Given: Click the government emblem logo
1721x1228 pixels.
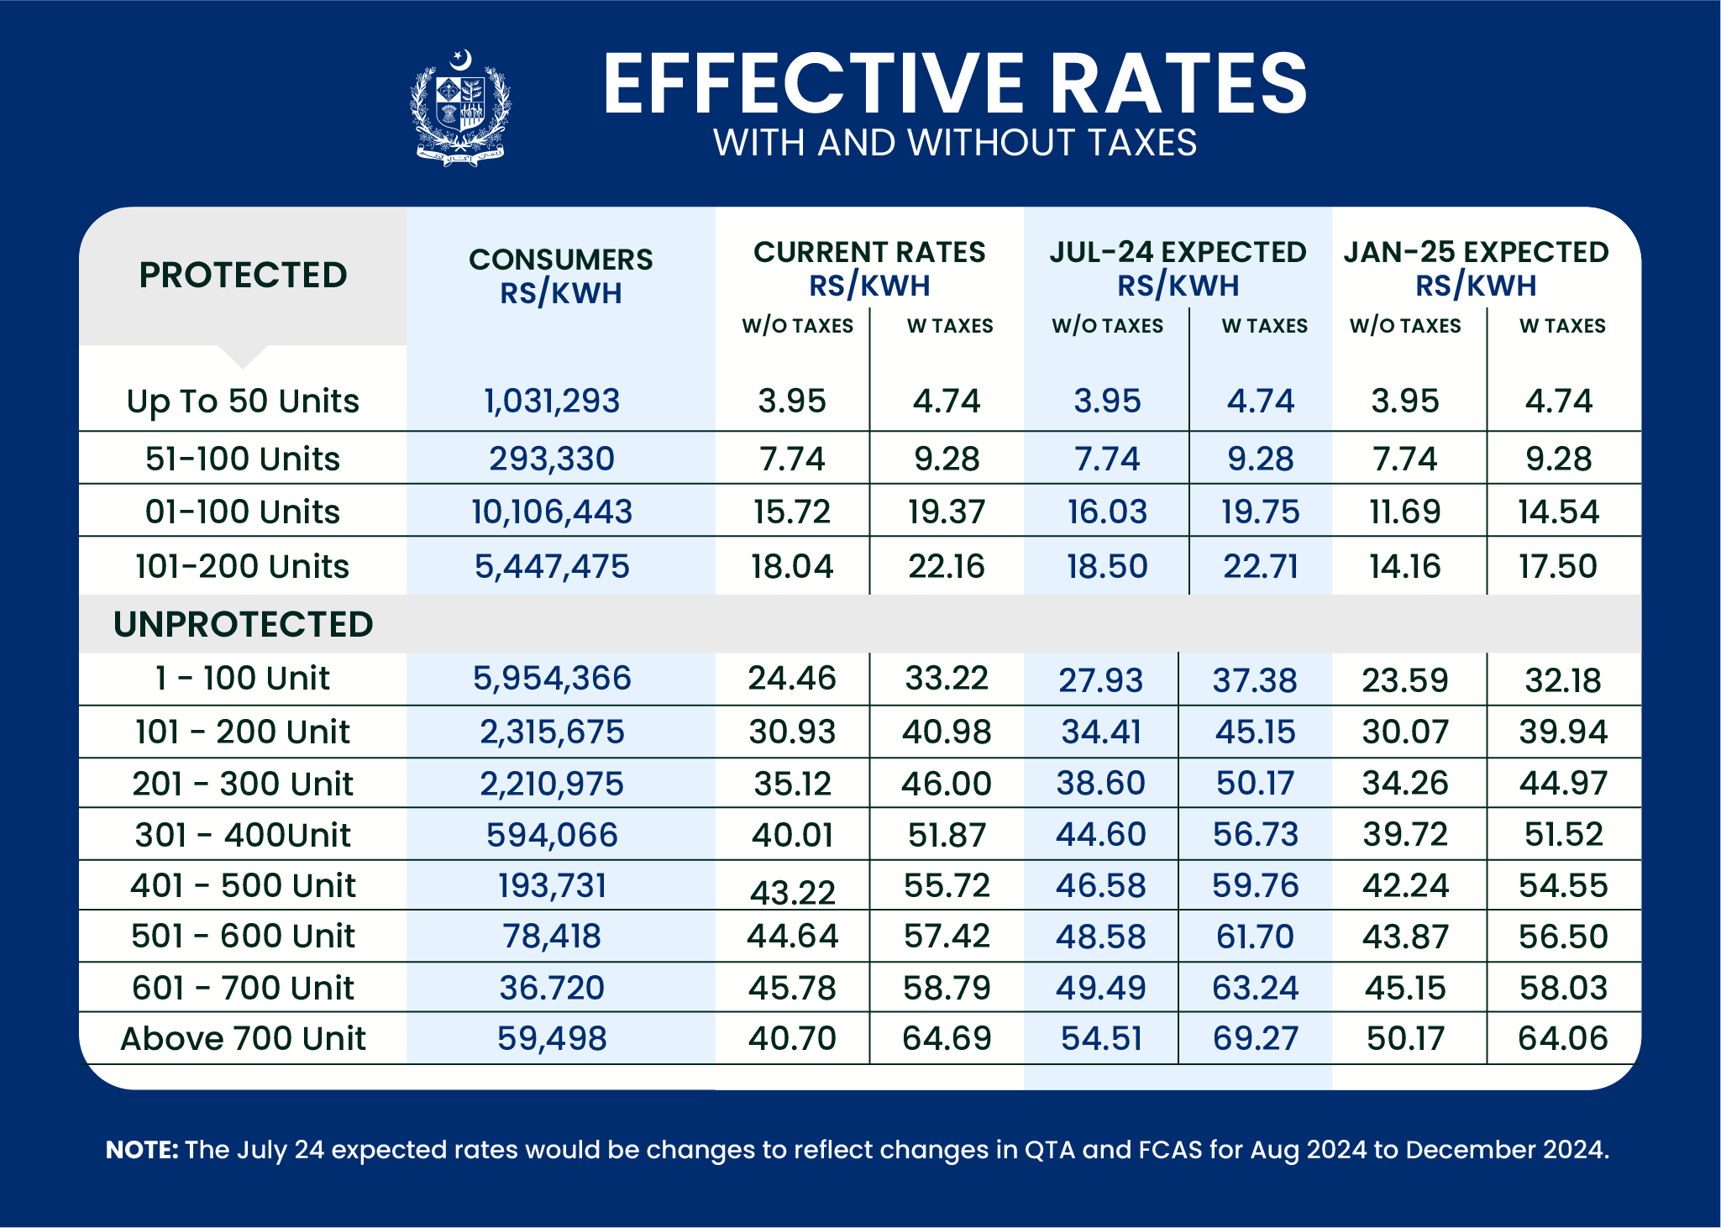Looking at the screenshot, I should pyautogui.click(x=459, y=108).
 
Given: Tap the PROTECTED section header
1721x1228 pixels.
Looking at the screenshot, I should pyautogui.click(x=243, y=276).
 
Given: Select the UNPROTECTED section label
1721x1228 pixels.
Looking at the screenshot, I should pyautogui.click(x=243, y=624).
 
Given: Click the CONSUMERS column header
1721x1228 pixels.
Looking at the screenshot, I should pyautogui.click(x=560, y=260).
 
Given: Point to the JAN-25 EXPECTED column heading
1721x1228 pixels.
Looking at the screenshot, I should pyautogui.click(x=1475, y=252).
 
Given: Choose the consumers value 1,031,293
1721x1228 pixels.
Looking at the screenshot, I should pyautogui.click(x=552, y=401).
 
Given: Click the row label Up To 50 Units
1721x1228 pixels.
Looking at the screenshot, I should pyautogui.click(x=243, y=401).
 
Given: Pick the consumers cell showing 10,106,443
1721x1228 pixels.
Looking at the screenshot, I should pyautogui.click(x=552, y=512).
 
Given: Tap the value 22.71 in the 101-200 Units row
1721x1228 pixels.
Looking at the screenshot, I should pyautogui.click(x=1260, y=566).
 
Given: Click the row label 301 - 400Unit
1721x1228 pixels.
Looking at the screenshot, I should pyautogui.click(x=243, y=835).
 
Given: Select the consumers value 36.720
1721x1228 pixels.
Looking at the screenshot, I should pyautogui.click(x=552, y=988).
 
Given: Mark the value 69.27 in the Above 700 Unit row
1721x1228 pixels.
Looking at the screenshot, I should pyautogui.click(x=1255, y=1039).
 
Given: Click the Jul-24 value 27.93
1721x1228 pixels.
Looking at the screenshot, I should pyautogui.click(x=1100, y=680).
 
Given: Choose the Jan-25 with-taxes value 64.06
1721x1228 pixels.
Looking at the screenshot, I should pyautogui.click(x=1562, y=1039).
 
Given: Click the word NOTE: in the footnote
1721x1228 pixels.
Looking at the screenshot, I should pyautogui.click(x=141, y=1150).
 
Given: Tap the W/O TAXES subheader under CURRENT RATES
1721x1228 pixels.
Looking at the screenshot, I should pyautogui.click(x=797, y=326).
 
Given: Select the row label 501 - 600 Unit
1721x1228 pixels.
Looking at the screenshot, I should pyautogui.click(x=243, y=937).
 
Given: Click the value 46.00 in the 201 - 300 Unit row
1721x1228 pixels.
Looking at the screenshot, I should pyautogui.click(x=946, y=784).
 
